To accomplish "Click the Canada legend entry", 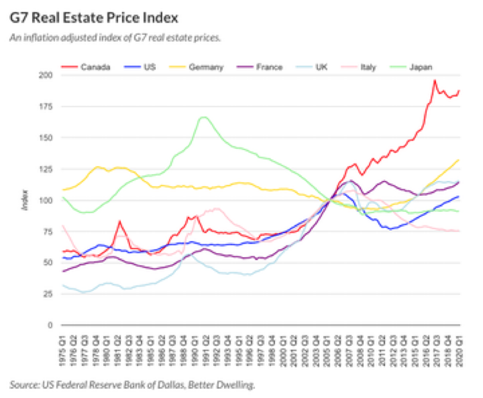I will point(95,66).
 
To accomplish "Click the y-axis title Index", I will point(24,201).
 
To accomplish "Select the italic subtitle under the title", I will point(115,37).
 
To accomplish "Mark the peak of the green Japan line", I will point(204,117).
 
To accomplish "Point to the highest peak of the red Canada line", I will point(435,81).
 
